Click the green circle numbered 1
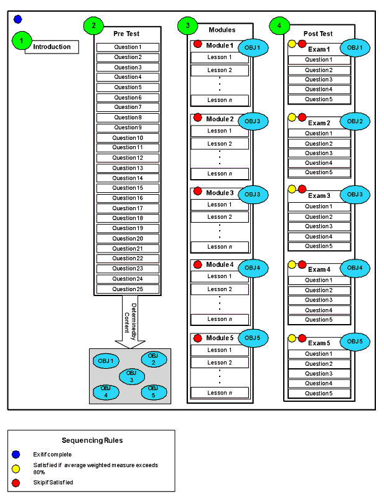pyautogui.click(x=21, y=41)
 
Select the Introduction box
pyautogui.click(x=52, y=47)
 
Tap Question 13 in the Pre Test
pyautogui.click(x=128, y=168)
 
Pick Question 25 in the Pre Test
pyautogui.click(x=128, y=289)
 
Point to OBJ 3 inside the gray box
pyautogui.click(x=130, y=376)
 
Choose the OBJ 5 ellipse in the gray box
pyautogui.click(x=153, y=392)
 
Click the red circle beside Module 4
pyautogui.click(x=198, y=264)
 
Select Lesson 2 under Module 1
pyautogui.click(x=220, y=70)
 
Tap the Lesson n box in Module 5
pyautogui.click(x=220, y=392)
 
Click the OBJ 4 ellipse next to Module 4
pyautogui.click(x=253, y=267)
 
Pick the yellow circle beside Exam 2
pyautogui.click(x=292, y=117)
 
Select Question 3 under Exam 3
pyautogui.click(x=319, y=226)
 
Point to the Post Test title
pyautogui.click(x=318, y=34)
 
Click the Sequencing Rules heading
pyautogui.click(x=91, y=440)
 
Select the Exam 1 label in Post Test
pyautogui.click(x=319, y=49)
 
